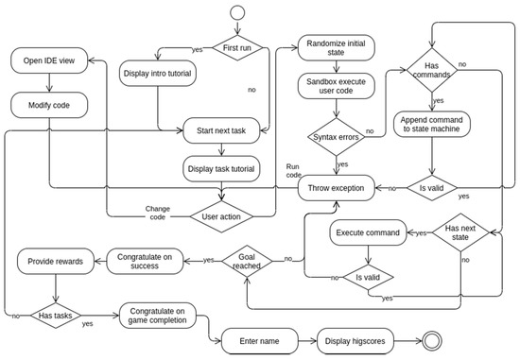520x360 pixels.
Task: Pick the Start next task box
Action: coord(221,130)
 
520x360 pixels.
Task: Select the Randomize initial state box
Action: coord(337,48)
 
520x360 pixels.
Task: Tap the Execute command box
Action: coord(369,231)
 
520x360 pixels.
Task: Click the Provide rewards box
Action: coord(55,261)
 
